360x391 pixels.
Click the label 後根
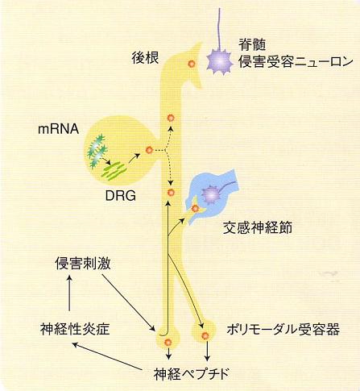click(x=145, y=58)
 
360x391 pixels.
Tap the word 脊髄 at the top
click(x=252, y=44)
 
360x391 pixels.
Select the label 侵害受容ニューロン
click(x=296, y=62)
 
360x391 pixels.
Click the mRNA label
click(x=58, y=129)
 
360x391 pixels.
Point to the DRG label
click(x=121, y=196)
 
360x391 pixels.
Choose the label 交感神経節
click(x=258, y=228)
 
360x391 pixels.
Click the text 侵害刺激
click(x=83, y=263)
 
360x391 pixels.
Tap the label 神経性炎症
click(x=75, y=329)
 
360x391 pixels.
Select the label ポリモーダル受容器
click(x=283, y=329)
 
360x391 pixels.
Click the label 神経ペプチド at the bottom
click(x=192, y=374)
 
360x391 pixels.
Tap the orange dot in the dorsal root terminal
click(x=192, y=64)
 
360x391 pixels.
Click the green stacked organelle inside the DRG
click(x=114, y=170)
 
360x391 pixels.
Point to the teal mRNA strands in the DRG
click(x=97, y=151)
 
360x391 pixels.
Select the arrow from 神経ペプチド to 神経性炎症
click(x=108, y=356)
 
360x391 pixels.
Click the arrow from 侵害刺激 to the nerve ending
click(x=129, y=303)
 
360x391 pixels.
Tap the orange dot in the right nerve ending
click(x=205, y=335)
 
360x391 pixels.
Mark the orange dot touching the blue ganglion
click(x=195, y=208)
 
